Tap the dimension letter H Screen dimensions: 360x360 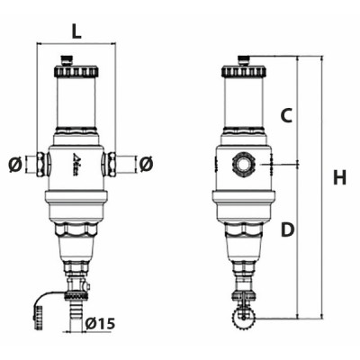(x=338, y=177)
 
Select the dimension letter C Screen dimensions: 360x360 (x=287, y=115)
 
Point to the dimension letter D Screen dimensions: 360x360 (x=287, y=229)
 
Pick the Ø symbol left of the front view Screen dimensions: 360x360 (x=13, y=165)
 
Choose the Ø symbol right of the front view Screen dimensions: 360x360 (x=145, y=165)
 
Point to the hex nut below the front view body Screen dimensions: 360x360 (x=76, y=238)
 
